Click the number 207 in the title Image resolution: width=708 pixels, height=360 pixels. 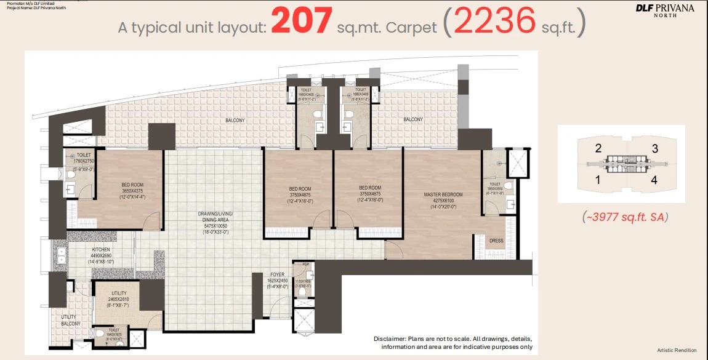[x=302, y=22]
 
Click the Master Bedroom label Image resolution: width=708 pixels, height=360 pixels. [x=443, y=194]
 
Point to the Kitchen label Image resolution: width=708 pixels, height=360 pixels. [x=102, y=250]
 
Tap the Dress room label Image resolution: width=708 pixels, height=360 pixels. [x=496, y=241]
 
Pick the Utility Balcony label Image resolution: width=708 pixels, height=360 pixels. [x=70, y=320]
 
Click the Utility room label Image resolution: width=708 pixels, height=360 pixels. [x=119, y=294]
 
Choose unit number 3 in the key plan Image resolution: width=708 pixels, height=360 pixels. [x=655, y=148]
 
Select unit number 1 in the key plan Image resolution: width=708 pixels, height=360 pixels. [x=597, y=180]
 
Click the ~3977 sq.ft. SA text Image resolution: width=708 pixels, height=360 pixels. [x=625, y=217]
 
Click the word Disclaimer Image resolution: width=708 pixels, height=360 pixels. [x=390, y=339]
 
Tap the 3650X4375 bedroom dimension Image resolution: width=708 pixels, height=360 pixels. [x=132, y=190]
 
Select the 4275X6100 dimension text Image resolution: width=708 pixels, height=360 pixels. [x=443, y=201]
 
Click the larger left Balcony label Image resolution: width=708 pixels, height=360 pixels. [x=235, y=121]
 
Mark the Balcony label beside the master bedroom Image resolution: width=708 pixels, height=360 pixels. [x=413, y=119]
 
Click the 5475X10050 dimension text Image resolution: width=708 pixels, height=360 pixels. [x=215, y=226]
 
